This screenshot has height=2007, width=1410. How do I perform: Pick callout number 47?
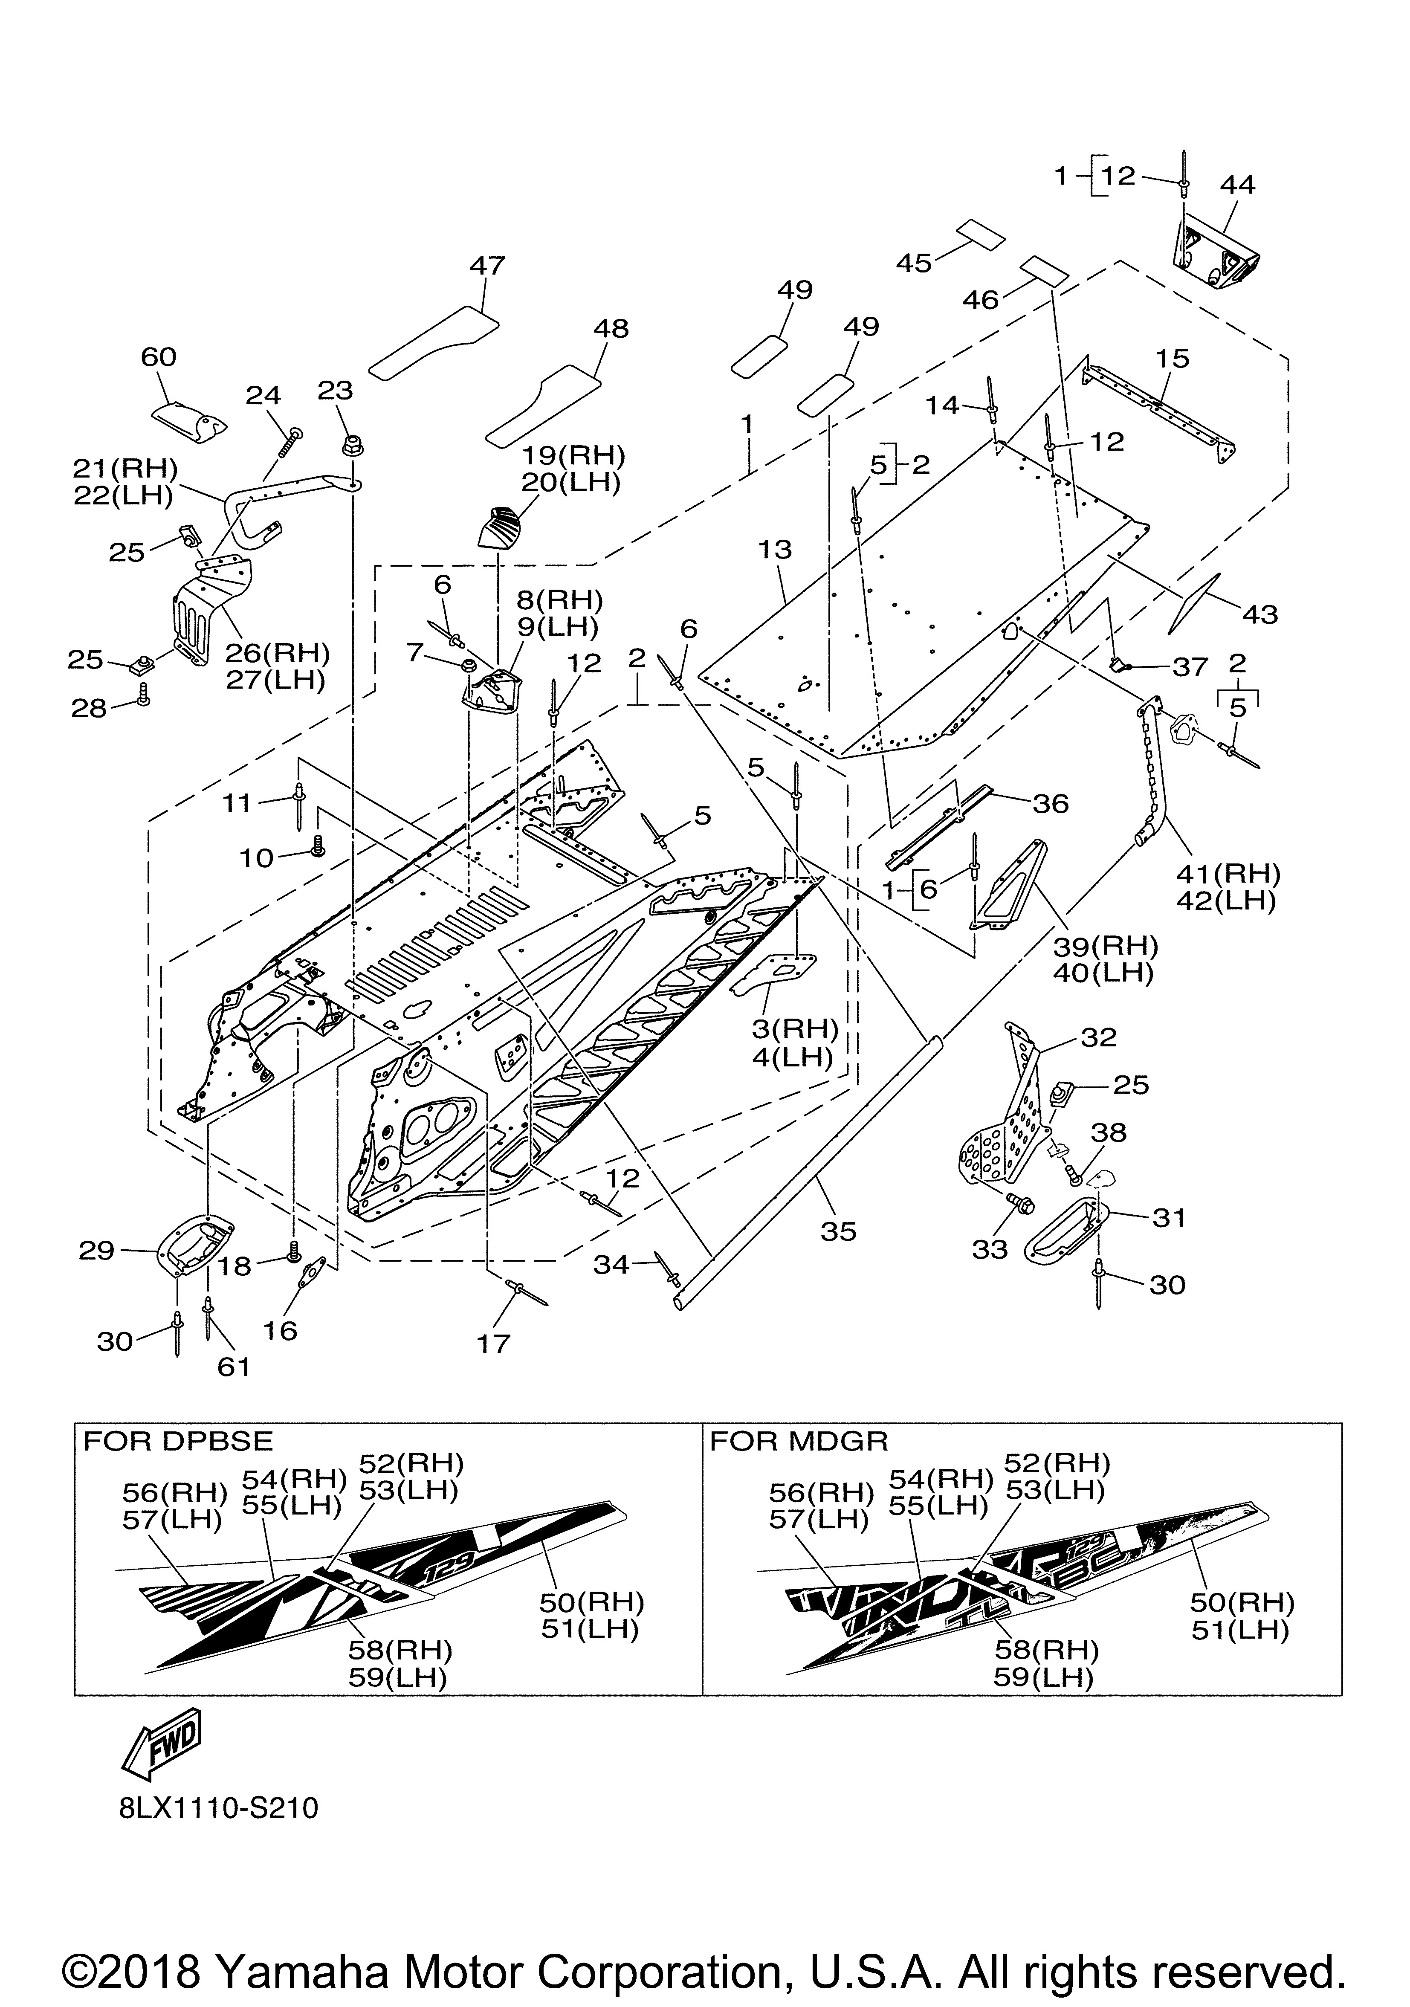[x=488, y=266]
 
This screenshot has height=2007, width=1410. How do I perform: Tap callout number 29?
[x=96, y=1251]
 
